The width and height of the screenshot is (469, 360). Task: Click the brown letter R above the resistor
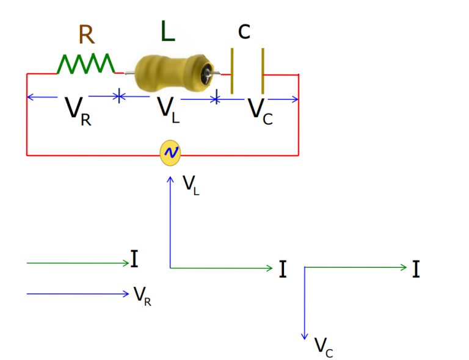tap(86, 35)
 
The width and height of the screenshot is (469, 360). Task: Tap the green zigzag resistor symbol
tap(85, 64)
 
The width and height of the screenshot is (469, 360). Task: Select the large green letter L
tap(167, 32)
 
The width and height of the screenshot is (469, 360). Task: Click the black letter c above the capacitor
tap(244, 31)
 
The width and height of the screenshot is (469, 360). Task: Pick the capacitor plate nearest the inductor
tap(232, 71)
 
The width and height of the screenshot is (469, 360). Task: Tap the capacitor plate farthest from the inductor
tap(263, 71)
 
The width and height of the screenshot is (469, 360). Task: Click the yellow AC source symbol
tap(170, 153)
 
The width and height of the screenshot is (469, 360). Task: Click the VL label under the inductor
tap(168, 109)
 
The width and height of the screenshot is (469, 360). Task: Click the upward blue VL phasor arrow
tap(170, 220)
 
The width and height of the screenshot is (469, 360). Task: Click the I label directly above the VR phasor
tap(134, 259)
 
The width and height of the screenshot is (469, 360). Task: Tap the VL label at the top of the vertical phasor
tap(191, 184)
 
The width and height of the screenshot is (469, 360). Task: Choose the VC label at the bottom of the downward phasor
tap(324, 347)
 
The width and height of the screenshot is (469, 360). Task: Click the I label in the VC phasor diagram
tap(416, 269)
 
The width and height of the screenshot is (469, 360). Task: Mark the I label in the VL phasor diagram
tap(283, 269)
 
